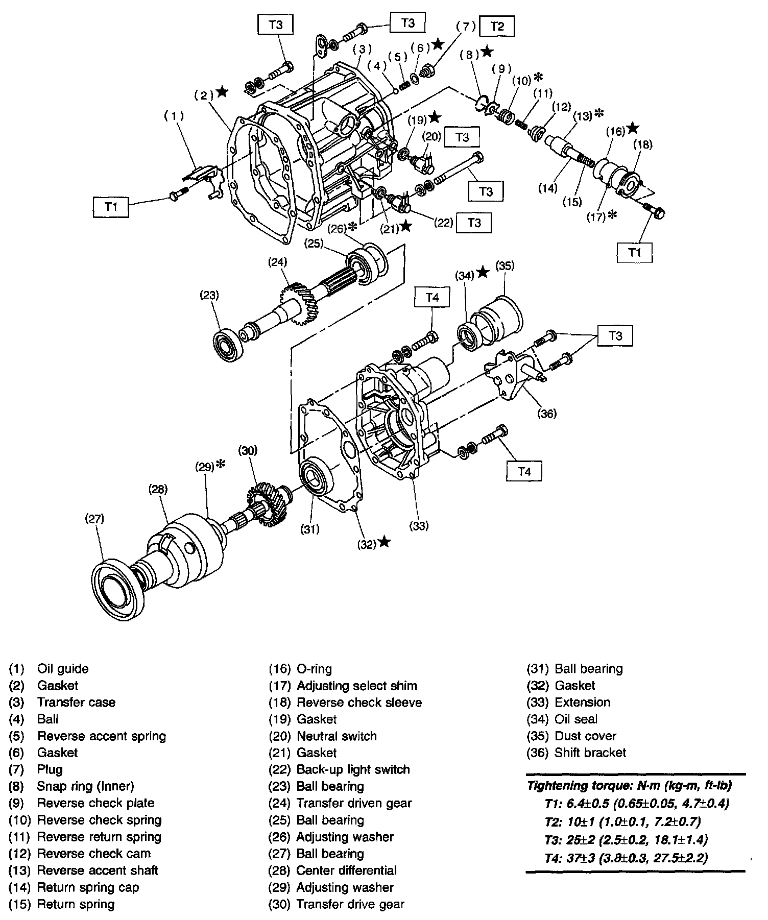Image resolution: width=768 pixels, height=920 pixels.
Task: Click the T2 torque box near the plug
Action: pos(497,26)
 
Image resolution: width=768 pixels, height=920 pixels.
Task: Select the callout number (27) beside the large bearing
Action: pos(95,519)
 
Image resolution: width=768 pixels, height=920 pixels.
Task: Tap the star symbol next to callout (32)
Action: pos(385,542)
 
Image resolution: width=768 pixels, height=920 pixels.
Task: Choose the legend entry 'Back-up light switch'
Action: pos(353,769)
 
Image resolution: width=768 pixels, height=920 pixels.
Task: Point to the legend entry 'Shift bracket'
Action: pos(590,753)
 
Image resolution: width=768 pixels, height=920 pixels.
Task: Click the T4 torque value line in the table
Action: pos(626,858)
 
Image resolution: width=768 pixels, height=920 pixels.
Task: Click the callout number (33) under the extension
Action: pos(419,525)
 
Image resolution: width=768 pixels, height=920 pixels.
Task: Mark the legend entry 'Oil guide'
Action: pos(63,669)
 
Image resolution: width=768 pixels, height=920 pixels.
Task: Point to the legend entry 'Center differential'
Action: pos(346,870)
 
